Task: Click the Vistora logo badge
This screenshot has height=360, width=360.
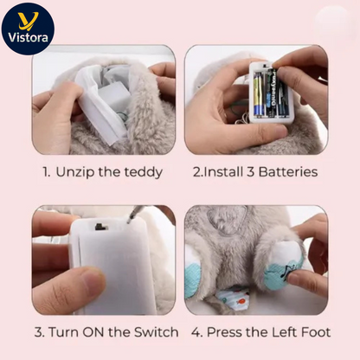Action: (x=29, y=29)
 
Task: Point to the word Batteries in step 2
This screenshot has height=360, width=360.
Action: (x=287, y=172)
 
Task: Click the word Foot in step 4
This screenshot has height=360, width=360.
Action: (x=314, y=332)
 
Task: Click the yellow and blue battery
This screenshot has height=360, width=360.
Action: (x=259, y=93)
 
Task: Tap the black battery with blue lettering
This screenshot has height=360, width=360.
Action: (x=280, y=93)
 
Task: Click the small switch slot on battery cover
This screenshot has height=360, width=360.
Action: (x=100, y=227)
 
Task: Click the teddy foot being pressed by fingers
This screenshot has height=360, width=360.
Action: (x=285, y=267)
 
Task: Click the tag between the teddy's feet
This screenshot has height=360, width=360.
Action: (x=233, y=299)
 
